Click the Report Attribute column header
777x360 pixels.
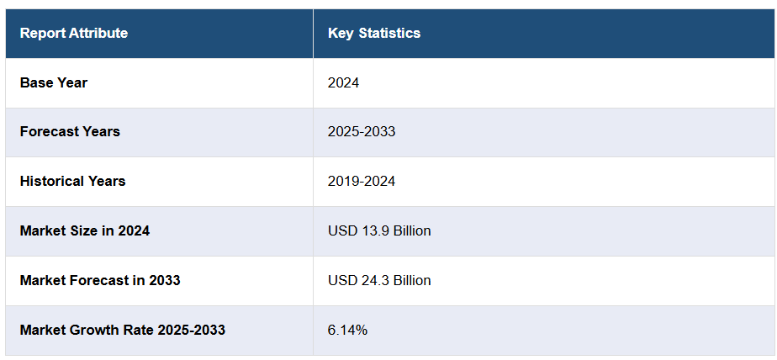pos(74,34)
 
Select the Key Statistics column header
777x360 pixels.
pos(374,34)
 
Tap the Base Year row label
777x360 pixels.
pos(54,82)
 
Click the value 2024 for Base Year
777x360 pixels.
pos(344,82)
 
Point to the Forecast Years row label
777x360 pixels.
pos(70,131)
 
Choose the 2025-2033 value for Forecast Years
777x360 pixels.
pos(362,131)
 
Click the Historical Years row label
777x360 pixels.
pos(72,181)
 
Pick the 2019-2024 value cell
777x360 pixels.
pos(362,181)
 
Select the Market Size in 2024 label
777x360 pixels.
pos(85,230)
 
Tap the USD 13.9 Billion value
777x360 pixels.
pos(379,230)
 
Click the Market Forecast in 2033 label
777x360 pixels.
pos(100,280)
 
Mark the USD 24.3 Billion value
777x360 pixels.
pos(379,280)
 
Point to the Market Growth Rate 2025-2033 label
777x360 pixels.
pos(123,330)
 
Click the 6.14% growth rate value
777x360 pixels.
pos(347,330)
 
